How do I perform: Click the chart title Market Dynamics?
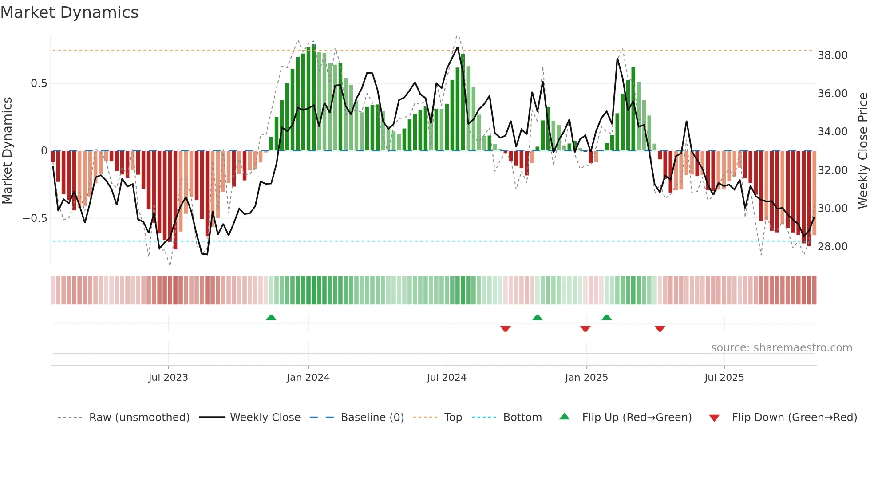[69, 12]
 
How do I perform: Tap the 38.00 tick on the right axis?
[832, 55]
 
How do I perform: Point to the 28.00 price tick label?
[832, 247]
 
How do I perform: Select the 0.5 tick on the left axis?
[39, 83]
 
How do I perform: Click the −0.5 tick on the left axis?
[35, 218]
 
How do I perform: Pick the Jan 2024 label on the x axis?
[308, 378]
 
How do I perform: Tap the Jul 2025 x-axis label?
[724, 378]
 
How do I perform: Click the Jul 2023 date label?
[168, 378]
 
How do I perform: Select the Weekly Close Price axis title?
[862, 151]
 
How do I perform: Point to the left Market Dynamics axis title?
[7, 151]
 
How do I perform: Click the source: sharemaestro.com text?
[781, 348]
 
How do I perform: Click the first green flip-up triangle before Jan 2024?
[271, 317]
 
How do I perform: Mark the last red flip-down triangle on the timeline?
[660, 329]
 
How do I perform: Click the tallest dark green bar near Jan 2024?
[314, 98]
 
